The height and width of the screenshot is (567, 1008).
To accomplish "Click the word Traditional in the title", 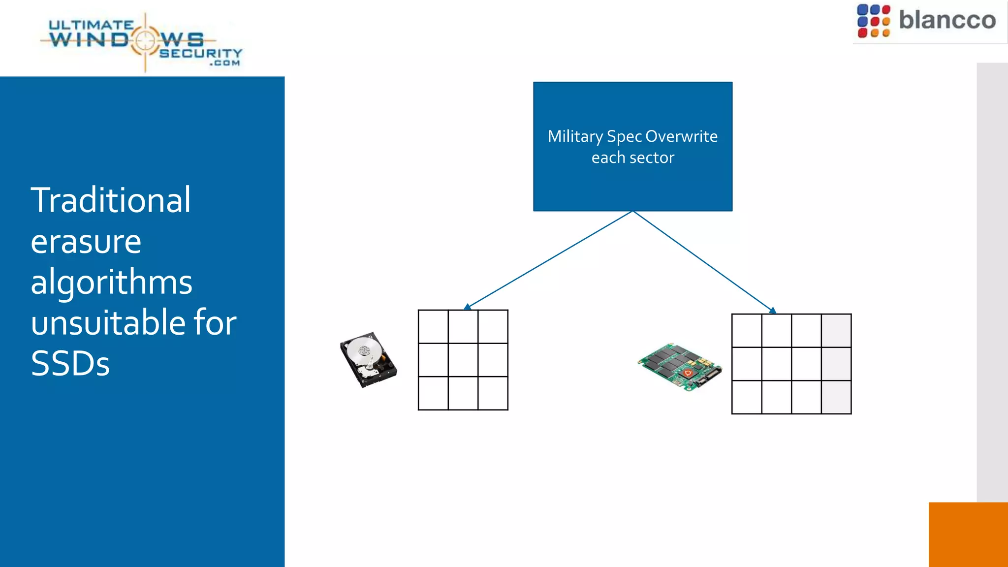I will tap(110, 200).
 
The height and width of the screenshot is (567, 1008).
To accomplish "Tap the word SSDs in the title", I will tap(70, 364).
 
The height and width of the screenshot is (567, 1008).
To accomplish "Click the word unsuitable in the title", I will tap(108, 323).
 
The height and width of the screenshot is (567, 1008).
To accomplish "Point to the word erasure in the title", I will tap(86, 242).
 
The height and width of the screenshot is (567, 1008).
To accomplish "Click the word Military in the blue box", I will tap(575, 137).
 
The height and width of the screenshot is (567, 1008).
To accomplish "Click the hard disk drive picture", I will tap(367, 360).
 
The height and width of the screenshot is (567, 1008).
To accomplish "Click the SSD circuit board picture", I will tap(680, 367).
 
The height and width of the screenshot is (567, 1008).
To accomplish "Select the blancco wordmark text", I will tap(947, 20).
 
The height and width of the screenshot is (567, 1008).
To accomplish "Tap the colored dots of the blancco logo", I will tap(873, 21).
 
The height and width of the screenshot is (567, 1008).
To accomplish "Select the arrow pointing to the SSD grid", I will tap(704, 262).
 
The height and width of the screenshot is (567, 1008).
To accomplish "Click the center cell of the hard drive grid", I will tap(463, 360).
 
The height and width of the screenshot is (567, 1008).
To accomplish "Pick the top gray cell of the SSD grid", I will tap(836, 331).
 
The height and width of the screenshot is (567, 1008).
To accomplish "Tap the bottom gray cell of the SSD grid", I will tap(836, 397).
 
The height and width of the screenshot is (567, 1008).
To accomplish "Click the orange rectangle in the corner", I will tap(968, 535).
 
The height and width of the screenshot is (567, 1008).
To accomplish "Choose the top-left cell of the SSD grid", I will tap(747, 331).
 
